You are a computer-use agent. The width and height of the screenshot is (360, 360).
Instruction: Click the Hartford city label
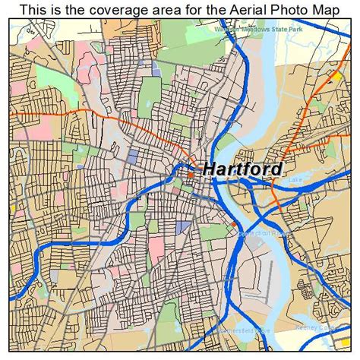tap(242, 169)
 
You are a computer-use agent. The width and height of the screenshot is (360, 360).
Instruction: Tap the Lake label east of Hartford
tap(294, 180)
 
